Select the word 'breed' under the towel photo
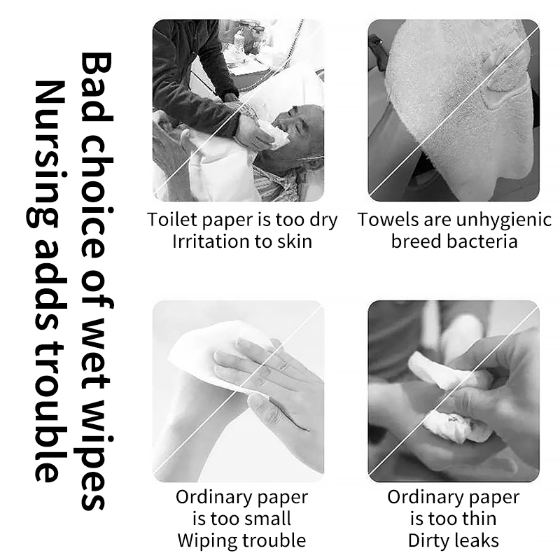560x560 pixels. click(x=415, y=242)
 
